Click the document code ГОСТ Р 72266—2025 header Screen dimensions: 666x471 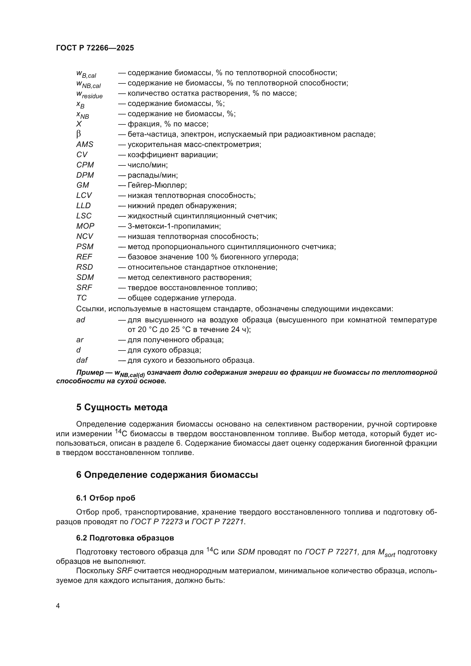click(x=95, y=48)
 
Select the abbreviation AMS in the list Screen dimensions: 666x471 click(x=85, y=144)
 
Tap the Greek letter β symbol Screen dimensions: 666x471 click(x=78, y=134)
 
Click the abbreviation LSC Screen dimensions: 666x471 click(x=84, y=216)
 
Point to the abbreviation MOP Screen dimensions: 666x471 click(x=85, y=226)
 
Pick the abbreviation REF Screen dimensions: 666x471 click(x=84, y=257)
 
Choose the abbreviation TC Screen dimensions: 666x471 click(x=81, y=298)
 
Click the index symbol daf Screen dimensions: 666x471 click(x=82, y=360)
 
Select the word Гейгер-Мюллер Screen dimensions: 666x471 click(x=157, y=185)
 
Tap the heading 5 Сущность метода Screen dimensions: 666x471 click(x=122, y=407)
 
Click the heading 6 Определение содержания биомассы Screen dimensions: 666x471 click(x=167, y=475)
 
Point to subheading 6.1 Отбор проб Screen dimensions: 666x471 click(x=106, y=498)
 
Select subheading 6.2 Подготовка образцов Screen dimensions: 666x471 click(x=125, y=538)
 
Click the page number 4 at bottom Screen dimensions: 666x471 click(x=58, y=606)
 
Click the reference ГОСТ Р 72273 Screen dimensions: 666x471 click(x=157, y=522)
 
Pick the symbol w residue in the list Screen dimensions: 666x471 click(x=89, y=94)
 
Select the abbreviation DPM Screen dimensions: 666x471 click(x=85, y=175)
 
